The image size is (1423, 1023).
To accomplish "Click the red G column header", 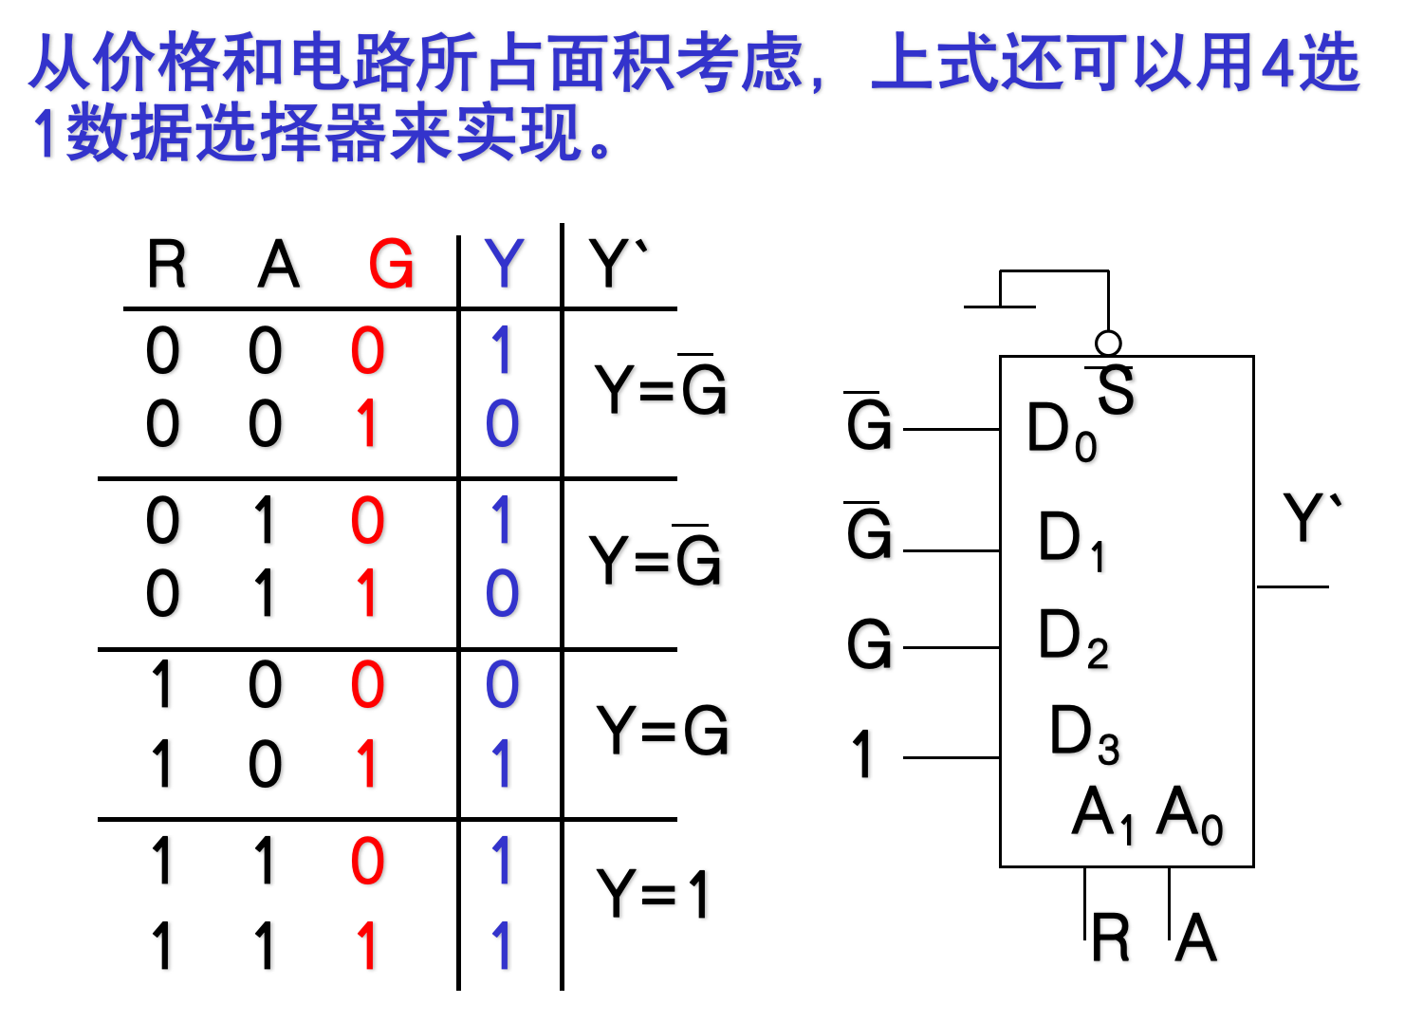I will pos(391,264).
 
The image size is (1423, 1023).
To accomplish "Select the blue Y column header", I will pos(504,264).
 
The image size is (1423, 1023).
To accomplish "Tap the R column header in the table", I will pos(167,264).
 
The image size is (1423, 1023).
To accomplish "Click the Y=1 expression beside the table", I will pos(653,894).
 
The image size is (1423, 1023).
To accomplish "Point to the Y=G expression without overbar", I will pos(662,731).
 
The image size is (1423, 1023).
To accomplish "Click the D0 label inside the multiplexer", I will pos(1061,430).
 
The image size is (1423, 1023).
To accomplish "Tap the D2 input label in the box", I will pos(1073,637).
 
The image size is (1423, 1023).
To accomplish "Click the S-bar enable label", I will pos(1115,389).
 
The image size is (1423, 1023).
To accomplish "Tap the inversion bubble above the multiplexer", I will pos(1108,343).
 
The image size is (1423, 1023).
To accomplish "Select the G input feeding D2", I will pos(869,645).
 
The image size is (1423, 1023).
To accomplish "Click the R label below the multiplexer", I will pos(1111,938).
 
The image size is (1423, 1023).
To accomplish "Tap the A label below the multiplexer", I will pos(1196,938).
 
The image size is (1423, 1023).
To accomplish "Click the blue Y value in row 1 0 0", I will pos(503,685).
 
